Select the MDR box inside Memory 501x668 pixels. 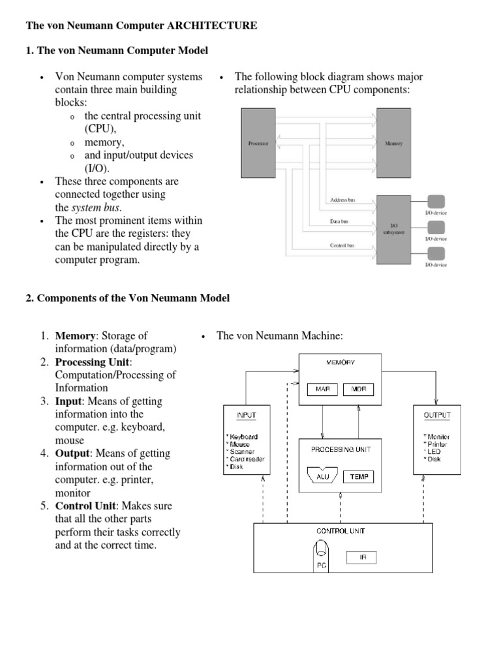pos(358,389)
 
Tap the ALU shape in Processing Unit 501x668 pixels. pos(321,477)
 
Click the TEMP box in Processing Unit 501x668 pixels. pos(359,477)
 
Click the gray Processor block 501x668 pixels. pos(258,144)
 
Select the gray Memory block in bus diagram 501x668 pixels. pos(394,144)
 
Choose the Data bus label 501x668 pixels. pos(339,222)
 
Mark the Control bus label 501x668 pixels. pos(342,245)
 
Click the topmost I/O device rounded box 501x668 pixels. pos(436,202)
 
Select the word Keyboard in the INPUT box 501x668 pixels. pos(243,436)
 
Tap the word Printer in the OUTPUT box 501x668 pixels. pos(437,444)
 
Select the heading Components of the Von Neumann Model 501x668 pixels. pos(133,298)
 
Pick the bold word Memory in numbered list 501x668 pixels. pos(75,336)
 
